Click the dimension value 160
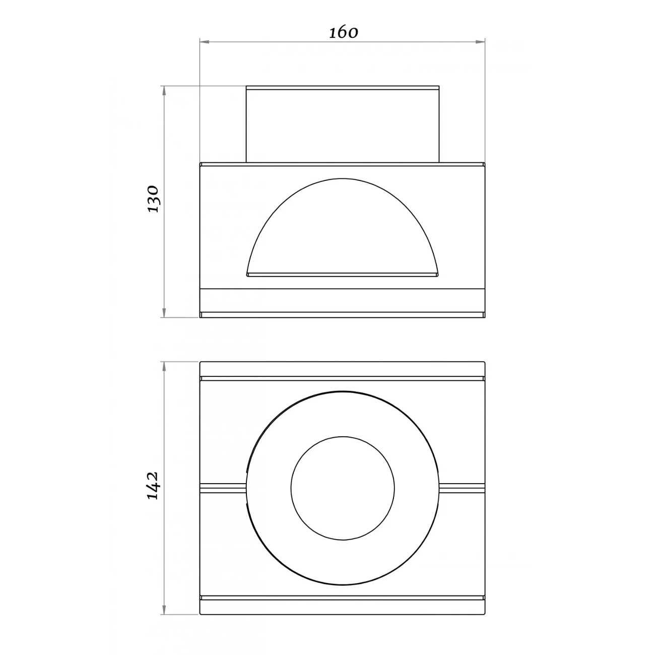[x=343, y=33]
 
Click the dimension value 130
[x=153, y=200]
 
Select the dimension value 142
[x=153, y=485]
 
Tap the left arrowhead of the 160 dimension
[x=204, y=42]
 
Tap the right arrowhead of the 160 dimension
[x=481, y=42]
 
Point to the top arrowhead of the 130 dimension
[x=164, y=90]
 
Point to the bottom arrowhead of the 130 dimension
[x=164, y=313]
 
